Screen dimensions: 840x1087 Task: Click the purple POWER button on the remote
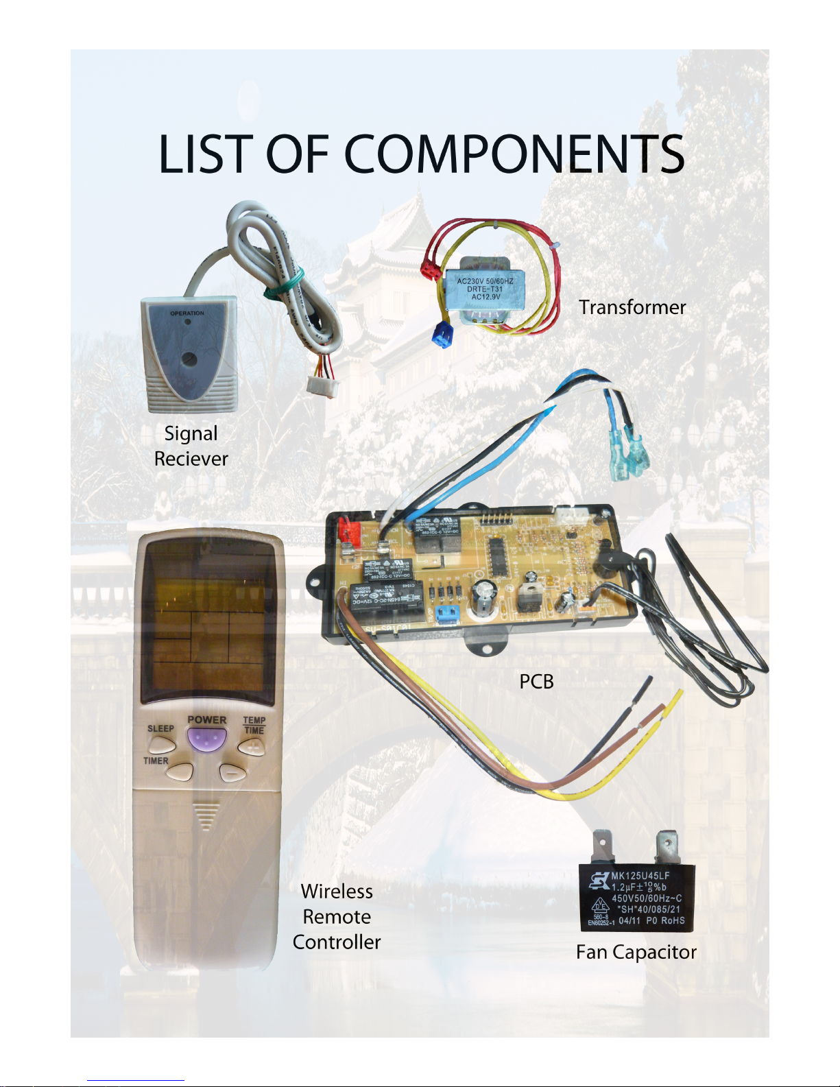point(206,739)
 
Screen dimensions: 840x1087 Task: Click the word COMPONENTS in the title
point(514,154)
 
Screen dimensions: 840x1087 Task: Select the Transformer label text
point(632,307)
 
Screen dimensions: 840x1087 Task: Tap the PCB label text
point(536,681)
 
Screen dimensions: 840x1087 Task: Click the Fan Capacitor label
point(636,952)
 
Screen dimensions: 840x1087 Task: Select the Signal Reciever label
point(191,446)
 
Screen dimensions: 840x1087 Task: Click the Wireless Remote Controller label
point(337,916)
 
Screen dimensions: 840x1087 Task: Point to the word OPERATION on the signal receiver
point(187,313)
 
